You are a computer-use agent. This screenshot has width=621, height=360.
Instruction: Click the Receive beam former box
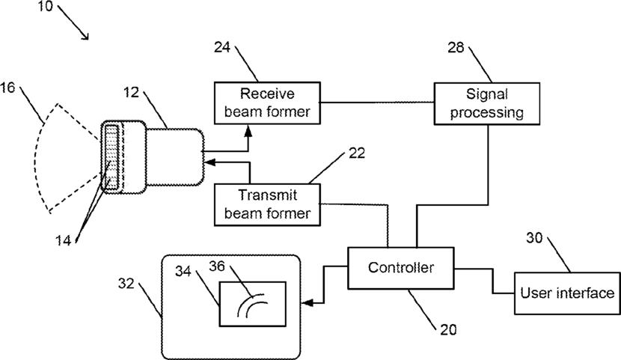point(267,103)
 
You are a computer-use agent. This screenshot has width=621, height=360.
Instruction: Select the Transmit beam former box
point(267,205)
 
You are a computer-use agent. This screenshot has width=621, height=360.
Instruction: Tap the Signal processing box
point(487,104)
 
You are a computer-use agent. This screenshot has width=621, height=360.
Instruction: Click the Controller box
point(401,268)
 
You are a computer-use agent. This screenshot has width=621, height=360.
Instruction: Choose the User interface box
point(567,293)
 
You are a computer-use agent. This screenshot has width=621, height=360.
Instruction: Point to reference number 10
point(45,6)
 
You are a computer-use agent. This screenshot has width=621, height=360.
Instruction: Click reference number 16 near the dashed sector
point(7,88)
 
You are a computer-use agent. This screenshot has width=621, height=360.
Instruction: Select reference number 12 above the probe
point(132,92)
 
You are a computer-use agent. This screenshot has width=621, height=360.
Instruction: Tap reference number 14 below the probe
point(63,240)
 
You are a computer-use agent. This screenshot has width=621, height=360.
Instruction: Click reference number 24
point(222,47)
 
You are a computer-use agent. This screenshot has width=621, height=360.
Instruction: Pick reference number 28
point(456,47)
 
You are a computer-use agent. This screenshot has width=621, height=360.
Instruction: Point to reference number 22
point(357,153)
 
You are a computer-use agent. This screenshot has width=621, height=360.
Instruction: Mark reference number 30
point(534,238)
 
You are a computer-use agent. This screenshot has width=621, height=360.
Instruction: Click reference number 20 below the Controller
point(448,329)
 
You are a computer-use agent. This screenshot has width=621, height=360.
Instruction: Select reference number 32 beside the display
point(126,284)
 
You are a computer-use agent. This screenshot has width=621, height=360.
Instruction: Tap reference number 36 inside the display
point(217,266)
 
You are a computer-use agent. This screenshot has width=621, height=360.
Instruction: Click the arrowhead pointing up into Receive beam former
point(248,131)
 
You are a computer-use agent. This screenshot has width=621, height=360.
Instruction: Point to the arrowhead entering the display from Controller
point(308,303)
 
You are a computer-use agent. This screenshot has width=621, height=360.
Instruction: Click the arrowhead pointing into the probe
point(209,162)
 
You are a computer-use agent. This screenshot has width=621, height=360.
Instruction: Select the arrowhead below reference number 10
point(85,36)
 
